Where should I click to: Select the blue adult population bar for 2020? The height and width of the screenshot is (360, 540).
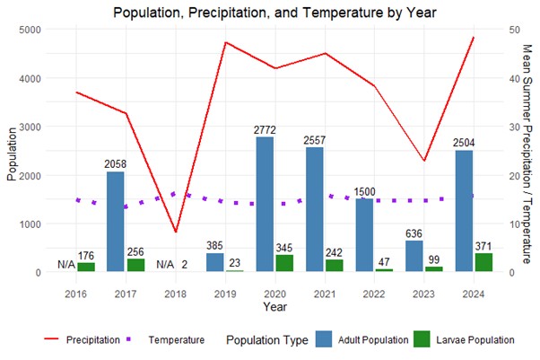click(265, 204)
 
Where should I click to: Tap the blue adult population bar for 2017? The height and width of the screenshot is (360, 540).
click(115, 221)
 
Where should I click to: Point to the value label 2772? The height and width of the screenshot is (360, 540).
click(265, 130)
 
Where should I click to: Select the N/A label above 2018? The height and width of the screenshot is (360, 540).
click(165, 265)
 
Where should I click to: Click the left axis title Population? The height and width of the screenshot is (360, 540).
click(12, 151)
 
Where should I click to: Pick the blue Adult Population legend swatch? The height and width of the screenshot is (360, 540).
click(325, 339)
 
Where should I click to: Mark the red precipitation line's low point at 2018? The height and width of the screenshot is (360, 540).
click(176, 232)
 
